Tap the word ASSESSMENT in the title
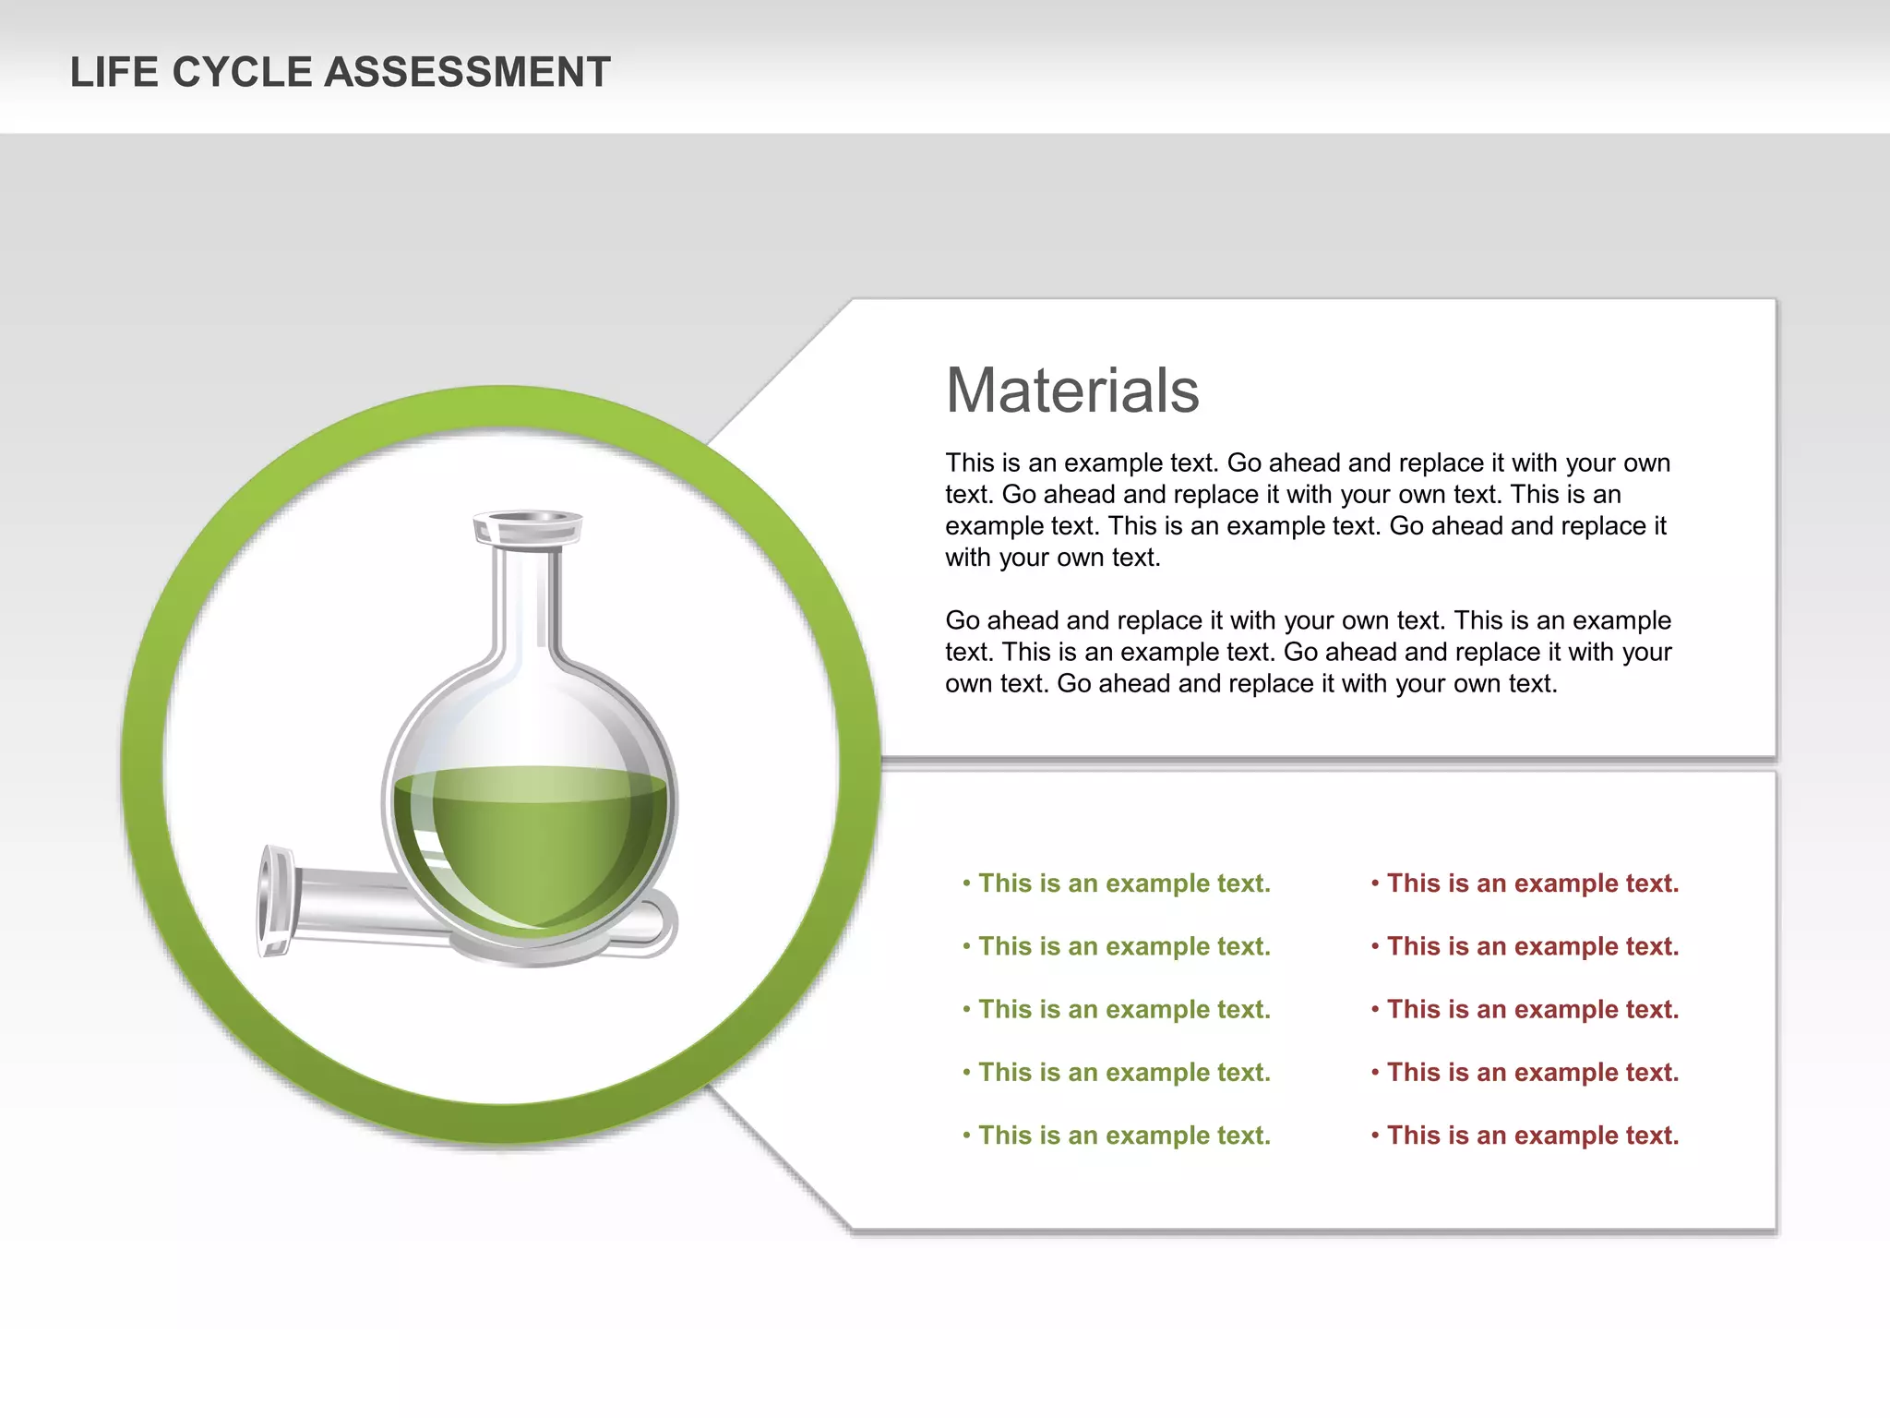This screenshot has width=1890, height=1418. [x=468, y=72]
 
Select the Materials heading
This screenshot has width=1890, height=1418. [x=1072, y=391]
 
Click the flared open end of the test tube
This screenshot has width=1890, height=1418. [x=274, y=901]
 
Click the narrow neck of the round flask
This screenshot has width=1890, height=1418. [x=526, y=600]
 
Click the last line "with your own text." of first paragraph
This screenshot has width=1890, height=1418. [x=1052, y=558]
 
